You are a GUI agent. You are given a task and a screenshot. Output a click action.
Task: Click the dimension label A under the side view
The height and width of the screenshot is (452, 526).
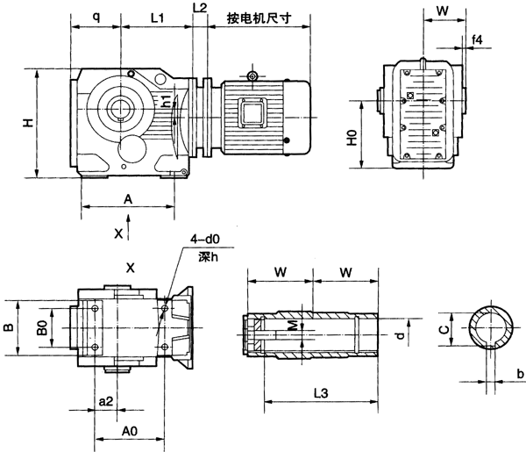point(128,199)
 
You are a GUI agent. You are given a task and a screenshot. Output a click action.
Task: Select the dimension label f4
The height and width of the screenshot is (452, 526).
point(477,39)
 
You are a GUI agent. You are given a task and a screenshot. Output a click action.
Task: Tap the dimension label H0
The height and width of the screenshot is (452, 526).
point(352,136)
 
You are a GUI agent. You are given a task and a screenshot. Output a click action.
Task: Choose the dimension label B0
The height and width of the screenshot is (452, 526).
point(39,326)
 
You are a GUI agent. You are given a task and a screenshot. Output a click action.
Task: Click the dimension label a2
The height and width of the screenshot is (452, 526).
point(105,401)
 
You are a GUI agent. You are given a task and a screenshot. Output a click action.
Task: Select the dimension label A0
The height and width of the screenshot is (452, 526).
point(128,431)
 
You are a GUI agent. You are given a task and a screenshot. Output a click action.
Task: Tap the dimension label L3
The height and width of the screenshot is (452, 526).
point(321,393)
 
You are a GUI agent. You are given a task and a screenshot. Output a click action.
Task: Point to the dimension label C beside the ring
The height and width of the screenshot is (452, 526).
point(444,330)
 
